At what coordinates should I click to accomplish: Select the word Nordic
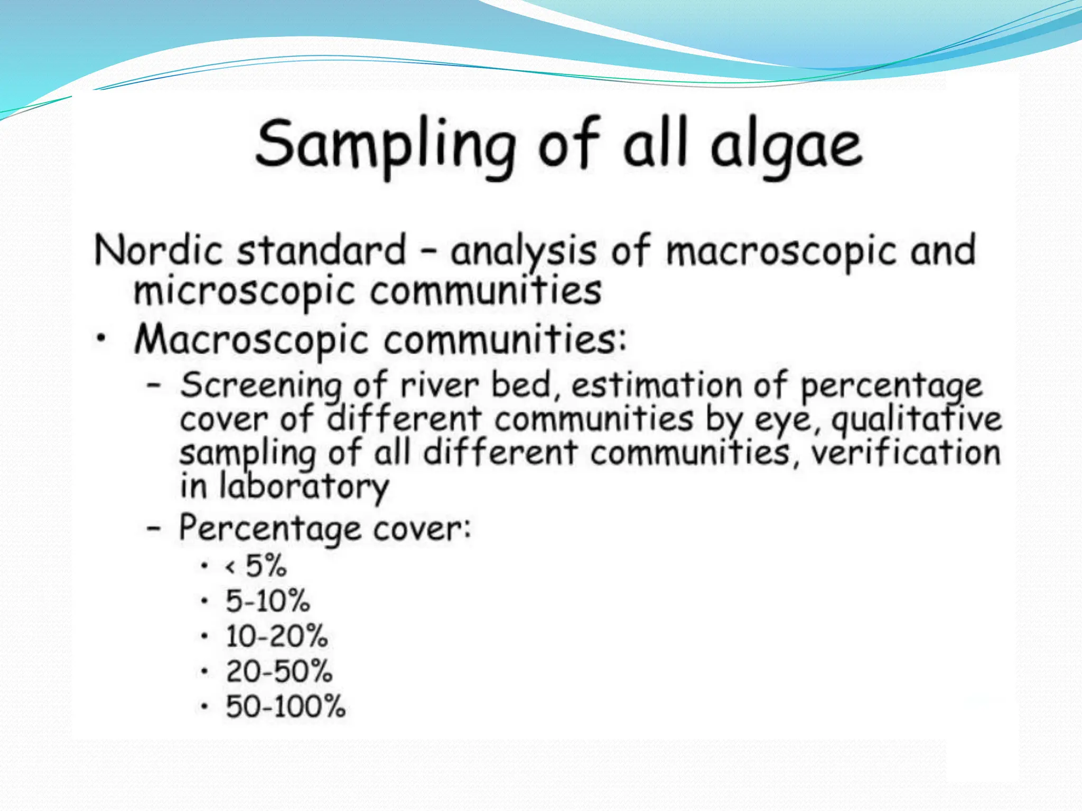click(x=158, y=250)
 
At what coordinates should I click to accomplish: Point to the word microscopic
click(x=244, y=292)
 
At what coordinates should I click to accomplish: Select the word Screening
click(x=260, y=386)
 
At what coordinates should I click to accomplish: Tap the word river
click(x=439, y=385)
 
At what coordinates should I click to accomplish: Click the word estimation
click(x=657, y=385)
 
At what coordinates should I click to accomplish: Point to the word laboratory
click(x=304, y=487)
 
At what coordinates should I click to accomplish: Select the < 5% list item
click(x=256, y=566)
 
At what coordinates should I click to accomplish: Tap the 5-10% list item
click(x=267, y=601)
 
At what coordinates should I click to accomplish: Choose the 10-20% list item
click(x=276, y=636)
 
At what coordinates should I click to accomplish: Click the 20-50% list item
click(x=278, y=672)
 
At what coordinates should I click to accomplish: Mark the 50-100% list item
click(x=285, y=707)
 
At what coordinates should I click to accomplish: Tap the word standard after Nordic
click(x=321, y=250)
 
